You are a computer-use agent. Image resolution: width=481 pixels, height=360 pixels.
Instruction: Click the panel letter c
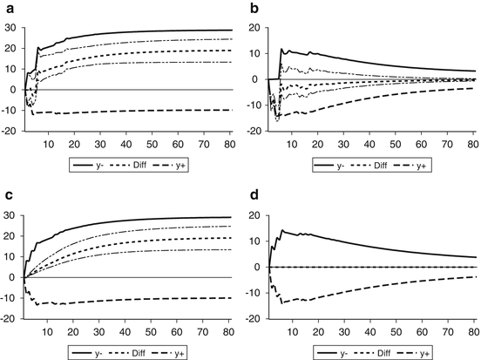click(6, 198)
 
